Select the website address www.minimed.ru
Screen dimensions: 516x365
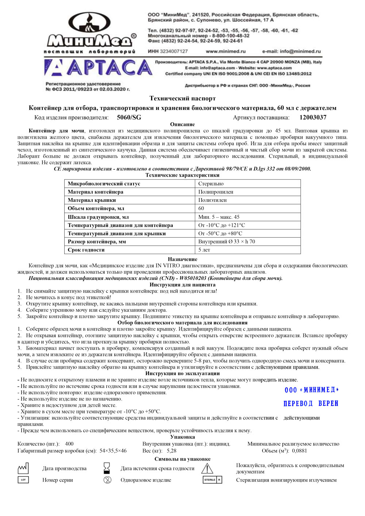click(x=226, y=51)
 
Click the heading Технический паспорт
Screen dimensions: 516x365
click(x=182, y=98)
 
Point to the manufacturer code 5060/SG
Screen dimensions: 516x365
click(x=129, y=118)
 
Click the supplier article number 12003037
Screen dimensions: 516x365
click(x=313, y=118)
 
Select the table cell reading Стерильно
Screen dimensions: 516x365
click(x=211, y=184)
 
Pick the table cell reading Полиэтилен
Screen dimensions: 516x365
click(x=212, y=200)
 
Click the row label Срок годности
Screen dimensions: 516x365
click(x=86, y=250)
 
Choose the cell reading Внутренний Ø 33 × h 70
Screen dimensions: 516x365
click(x=227, y=242)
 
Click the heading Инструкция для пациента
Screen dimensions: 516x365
click(x=182, y=285)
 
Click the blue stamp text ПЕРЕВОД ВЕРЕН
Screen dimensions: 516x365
click(x=311, y=403)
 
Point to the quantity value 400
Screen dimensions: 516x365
click(x=69, y=444)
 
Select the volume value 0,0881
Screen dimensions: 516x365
click(x=299, y=451)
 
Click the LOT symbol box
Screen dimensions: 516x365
click(x=23, y=480)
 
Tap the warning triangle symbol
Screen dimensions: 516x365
click(x=207, y=468)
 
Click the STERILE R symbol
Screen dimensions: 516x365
click(x=212, y=480)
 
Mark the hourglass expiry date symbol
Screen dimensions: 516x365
click(x=107, y=468)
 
